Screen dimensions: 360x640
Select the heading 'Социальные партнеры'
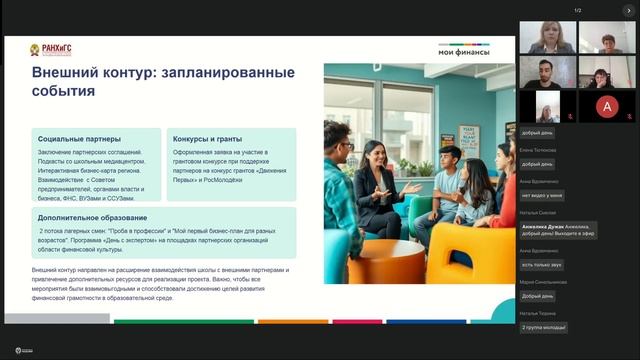pos(79,139)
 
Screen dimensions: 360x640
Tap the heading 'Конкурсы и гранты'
pos(208,139)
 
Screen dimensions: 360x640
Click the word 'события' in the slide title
pos(64,92)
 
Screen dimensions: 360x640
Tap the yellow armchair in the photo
pos(468,250)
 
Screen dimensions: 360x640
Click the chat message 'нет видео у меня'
pos(544,195)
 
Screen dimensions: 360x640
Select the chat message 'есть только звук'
pos(544,264)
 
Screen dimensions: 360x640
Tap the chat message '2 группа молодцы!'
pos(544,327)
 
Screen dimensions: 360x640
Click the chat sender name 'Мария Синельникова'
pos(543,282)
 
